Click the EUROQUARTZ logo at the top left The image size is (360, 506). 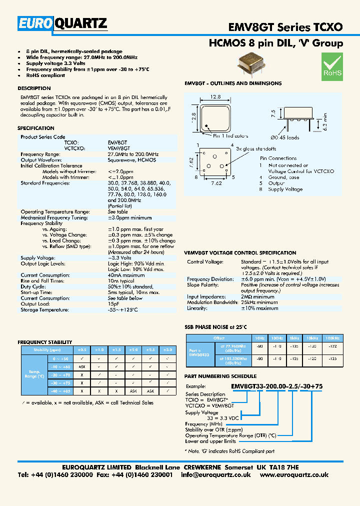pos(63,23)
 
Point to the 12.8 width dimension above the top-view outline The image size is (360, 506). pos(215,96)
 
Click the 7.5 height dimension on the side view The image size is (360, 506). pos(273,113)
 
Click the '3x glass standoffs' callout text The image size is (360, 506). pos(256,148)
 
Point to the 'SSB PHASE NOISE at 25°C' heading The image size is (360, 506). pos(216,327)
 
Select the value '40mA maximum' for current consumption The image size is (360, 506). pos(126,275)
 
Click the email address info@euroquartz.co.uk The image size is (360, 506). pos(217,475)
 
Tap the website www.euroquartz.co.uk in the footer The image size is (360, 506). pos(294,475)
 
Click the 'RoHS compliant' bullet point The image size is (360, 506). pos(45,75)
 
